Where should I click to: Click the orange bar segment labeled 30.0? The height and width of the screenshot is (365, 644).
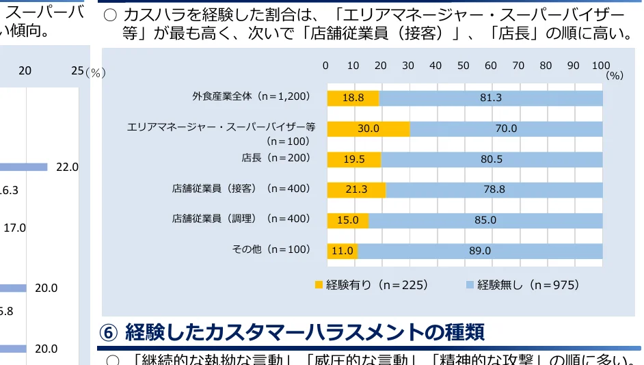click(x=368, y=129)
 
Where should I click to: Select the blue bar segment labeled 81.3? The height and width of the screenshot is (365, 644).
click(x=491, y=98)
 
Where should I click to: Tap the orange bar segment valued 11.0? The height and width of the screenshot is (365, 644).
click(x=342, y=251)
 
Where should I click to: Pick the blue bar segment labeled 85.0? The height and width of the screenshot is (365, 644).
click(x=485, y=220)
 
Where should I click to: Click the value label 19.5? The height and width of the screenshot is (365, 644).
click(x=355, y=159)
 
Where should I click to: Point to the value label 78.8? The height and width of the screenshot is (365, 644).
click(x=494, y=189)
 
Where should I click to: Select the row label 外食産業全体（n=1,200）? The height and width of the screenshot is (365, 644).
click(x=251, y=96)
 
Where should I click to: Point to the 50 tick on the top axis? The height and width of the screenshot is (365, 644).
click(x=463, y=66)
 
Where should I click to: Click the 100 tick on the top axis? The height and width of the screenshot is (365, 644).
click(x=600, y=66)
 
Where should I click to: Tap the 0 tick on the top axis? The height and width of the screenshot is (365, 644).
click(x=326, y=66)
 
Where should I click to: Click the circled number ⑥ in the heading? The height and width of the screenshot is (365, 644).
click(x=109, y=332)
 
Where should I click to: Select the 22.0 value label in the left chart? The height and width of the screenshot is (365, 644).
click(x=67, y=167)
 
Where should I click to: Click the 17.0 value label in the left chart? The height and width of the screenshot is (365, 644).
click(x=14, y=228)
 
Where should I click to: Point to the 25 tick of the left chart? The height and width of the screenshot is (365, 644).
click(x=77, y=71)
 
